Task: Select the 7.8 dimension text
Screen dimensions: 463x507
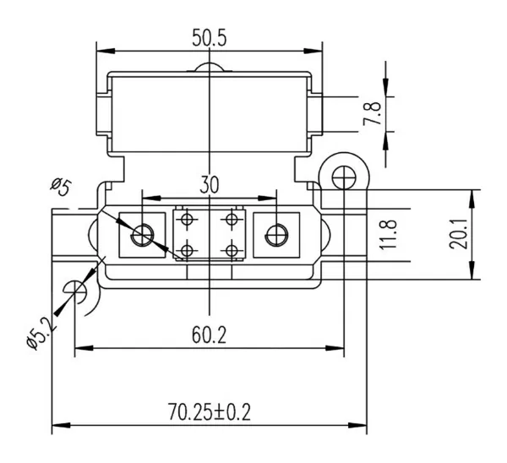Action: [371, 115]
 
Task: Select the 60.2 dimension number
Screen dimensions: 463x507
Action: [210, 335]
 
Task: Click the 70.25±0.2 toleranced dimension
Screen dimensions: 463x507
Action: [210, 412]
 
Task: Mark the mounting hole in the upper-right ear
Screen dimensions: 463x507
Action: [343, 177]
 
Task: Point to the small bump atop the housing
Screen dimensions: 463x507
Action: [210, 69]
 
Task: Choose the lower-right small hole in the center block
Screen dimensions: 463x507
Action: [229, 251]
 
